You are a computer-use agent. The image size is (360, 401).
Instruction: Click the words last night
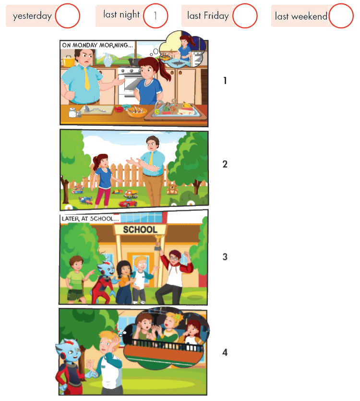click(x=121, y=14)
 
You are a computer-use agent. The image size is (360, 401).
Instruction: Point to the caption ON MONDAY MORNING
click(x=97, y=45)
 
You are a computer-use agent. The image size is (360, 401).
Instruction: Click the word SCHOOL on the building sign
click(x=140, y=230)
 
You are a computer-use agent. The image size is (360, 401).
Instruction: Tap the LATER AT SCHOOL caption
click(x=90, y=219)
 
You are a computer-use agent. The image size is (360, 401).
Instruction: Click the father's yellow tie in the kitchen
click(x=87, y=78)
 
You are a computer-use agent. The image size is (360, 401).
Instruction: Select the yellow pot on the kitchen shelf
click(x=68, y=61)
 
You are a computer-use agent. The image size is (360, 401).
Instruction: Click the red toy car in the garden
click(x=128, y=203)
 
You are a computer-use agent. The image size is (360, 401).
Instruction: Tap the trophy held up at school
click(x=158, y=243)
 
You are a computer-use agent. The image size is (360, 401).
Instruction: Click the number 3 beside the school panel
click(x=225, y=257)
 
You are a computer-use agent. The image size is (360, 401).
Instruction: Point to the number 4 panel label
click(x=225, y=352)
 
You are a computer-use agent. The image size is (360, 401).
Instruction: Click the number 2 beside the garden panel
click(x=225, y=164)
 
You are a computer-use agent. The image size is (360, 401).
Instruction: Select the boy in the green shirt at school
click(x=76, y=279)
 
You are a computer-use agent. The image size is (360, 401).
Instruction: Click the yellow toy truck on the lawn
click(x=131, y=194)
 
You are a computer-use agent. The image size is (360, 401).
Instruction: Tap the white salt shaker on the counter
click(x=72, y=112)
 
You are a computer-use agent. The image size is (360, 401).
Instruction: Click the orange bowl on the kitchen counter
click(x=137, y=112)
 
